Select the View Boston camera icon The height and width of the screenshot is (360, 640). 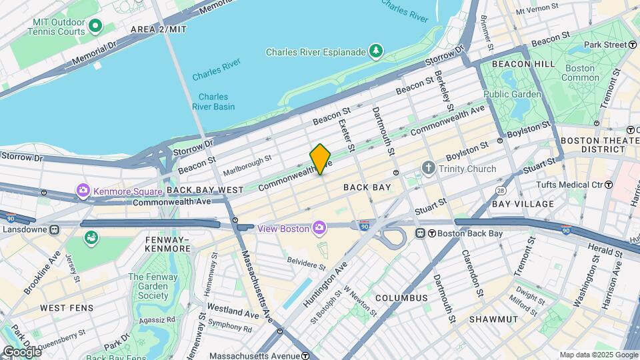[x=319, y=229]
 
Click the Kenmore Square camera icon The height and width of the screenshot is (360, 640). [x=85, y=191]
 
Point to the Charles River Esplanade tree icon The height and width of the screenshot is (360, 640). [x=377, y=51]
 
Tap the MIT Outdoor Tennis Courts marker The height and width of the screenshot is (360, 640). [x=95, y=26]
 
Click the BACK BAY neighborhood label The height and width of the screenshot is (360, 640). [x=367, y=187]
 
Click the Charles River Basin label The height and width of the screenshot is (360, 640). [x=213, y=101]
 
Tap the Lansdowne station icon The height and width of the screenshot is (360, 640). [x=54, y=229]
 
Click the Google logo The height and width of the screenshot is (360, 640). [x=21, y=351]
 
